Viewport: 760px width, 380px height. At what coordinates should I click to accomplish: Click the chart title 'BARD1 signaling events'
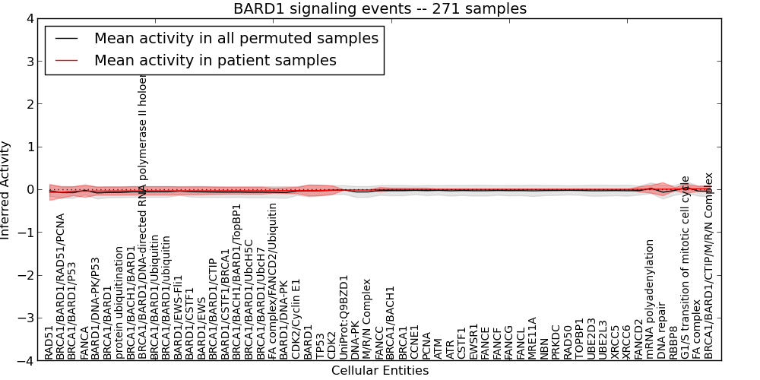[379, 8]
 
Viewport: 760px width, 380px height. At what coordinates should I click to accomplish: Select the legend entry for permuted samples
[236, 38]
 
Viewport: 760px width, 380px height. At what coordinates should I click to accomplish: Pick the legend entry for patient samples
[215, 60]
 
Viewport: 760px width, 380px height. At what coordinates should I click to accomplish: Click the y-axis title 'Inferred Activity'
[6, 190]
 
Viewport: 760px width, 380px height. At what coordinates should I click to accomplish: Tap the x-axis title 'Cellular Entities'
[379, 371]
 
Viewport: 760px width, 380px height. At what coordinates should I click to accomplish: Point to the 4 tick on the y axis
[30, 19]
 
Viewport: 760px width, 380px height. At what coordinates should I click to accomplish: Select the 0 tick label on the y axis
[30, 190]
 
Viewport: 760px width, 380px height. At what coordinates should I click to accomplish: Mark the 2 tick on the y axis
[30, 104]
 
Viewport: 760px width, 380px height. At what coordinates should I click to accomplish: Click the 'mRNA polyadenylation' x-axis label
[651, 299]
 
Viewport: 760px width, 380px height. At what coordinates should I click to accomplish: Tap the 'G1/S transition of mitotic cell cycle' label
[686, 267]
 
